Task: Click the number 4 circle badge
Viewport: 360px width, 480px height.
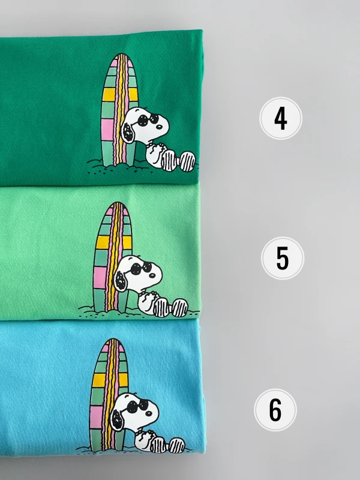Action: pos(281,118)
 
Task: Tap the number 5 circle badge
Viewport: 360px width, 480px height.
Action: pos(282,258)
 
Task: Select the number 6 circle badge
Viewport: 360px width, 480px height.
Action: pos(275,410)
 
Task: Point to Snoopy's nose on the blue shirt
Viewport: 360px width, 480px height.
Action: pos(149,413)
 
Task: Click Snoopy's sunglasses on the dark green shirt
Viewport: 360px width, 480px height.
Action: pos(148,119)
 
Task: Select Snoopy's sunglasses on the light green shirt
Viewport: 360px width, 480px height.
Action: pos(141,267)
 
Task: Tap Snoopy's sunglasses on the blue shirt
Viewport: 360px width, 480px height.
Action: pos(137,406)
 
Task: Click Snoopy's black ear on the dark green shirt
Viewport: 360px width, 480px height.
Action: pos(128,133)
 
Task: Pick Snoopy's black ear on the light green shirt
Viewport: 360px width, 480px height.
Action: pos(121,280)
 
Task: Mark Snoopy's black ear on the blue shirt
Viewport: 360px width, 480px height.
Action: pos(117,419)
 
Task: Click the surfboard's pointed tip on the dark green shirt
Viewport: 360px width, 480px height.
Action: pos(122,54)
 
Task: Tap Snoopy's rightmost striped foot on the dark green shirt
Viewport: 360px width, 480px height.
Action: pos(187,161)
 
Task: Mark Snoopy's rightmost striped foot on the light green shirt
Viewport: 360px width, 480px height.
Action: pos(180,308)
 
